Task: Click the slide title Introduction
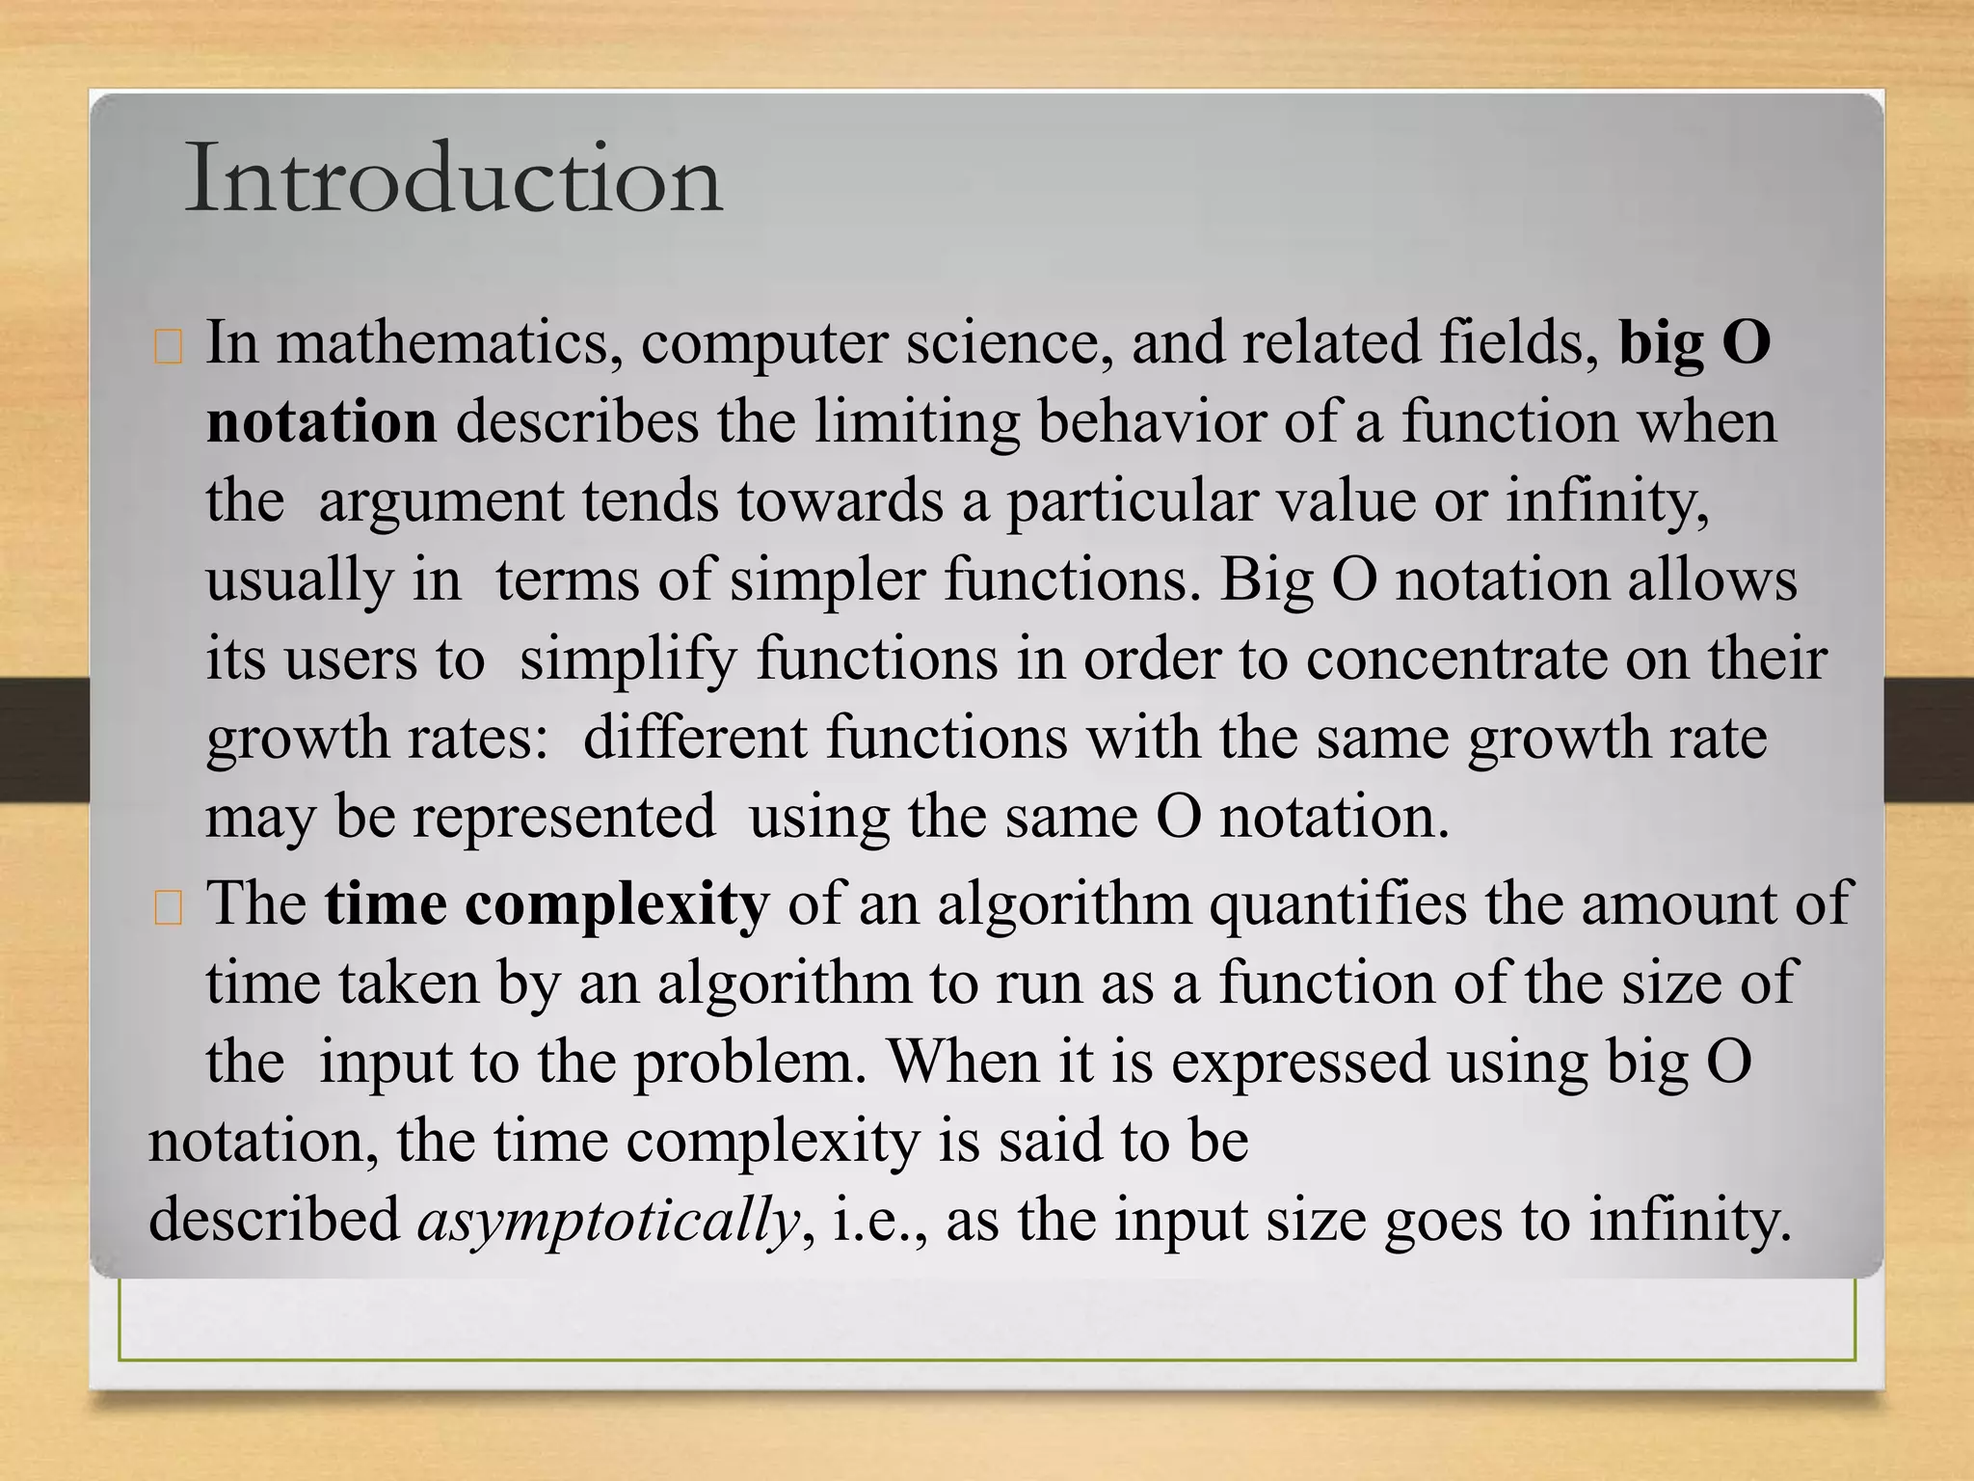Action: [453, 179]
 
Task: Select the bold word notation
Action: [321, 422]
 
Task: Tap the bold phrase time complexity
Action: [547, 904]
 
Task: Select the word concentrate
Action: [1456, 660]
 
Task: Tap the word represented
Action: [564, 818]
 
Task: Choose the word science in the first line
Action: [1002, 343]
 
